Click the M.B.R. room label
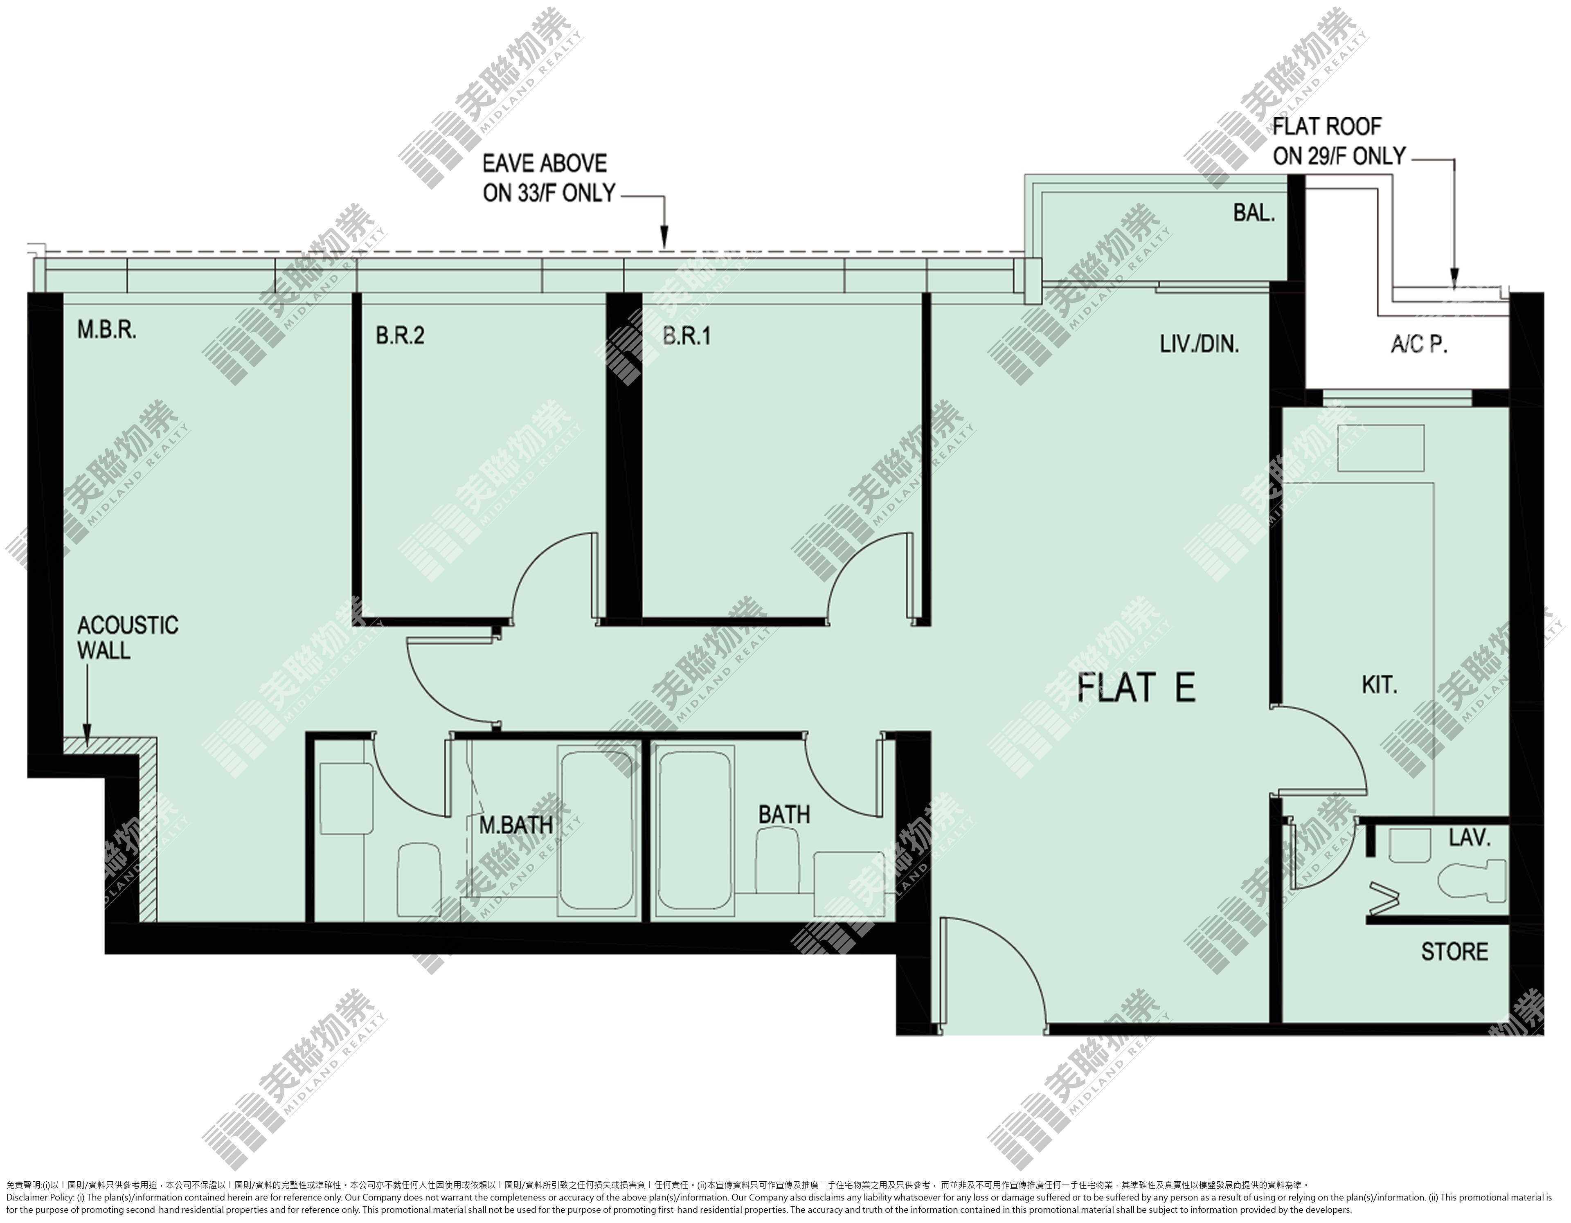point(107,331)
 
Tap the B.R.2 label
point(400,336)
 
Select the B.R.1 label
point(687,336)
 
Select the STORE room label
point(1454,952)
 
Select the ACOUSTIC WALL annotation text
point(127,638)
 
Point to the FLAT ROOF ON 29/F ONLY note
point(1338,141)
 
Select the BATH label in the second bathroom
point(784,815)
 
